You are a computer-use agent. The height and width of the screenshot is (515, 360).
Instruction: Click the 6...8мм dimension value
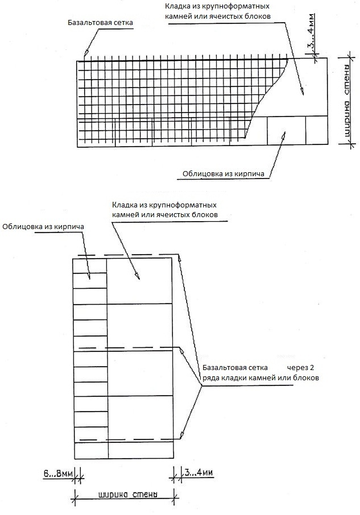click(56, 473)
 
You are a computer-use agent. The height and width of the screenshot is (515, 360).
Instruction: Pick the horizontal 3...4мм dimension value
click(198, 473)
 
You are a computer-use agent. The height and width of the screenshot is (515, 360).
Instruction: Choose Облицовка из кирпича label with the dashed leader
click(43, 227)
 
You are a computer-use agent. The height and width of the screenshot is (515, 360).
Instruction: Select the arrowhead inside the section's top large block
click(137, 277)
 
